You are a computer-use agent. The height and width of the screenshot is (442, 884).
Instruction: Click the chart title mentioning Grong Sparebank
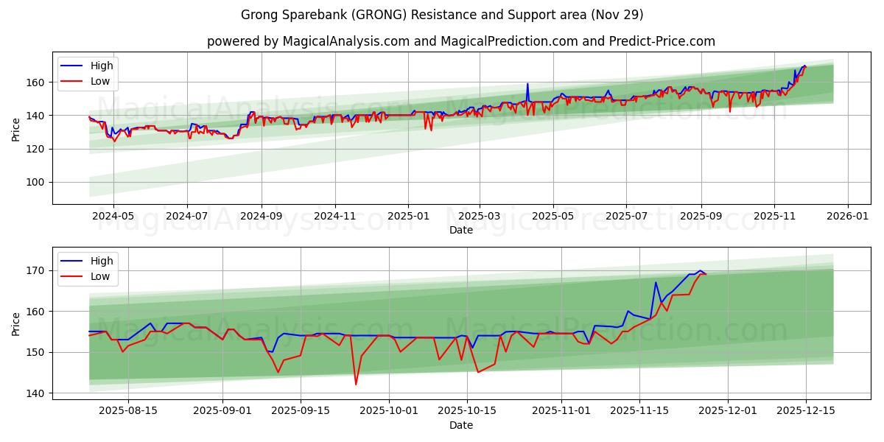click(442, 15)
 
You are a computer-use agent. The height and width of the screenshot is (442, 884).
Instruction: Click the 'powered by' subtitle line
click(461, 41)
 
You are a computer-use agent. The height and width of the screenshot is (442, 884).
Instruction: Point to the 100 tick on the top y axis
click(36, 183)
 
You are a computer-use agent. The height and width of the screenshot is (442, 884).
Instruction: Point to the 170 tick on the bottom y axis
click(36, 271)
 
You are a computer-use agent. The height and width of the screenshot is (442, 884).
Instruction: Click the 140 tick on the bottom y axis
click(36, 393)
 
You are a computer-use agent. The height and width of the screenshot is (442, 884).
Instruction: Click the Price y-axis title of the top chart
click(16, 128)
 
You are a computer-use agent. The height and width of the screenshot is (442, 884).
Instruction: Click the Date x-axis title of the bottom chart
click(461, 425)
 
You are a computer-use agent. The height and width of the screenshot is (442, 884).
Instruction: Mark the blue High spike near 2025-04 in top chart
click(527, 84)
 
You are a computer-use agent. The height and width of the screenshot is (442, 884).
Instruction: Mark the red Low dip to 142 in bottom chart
click(356, 384)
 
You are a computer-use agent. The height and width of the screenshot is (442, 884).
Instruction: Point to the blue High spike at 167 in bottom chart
click(656, 282)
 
